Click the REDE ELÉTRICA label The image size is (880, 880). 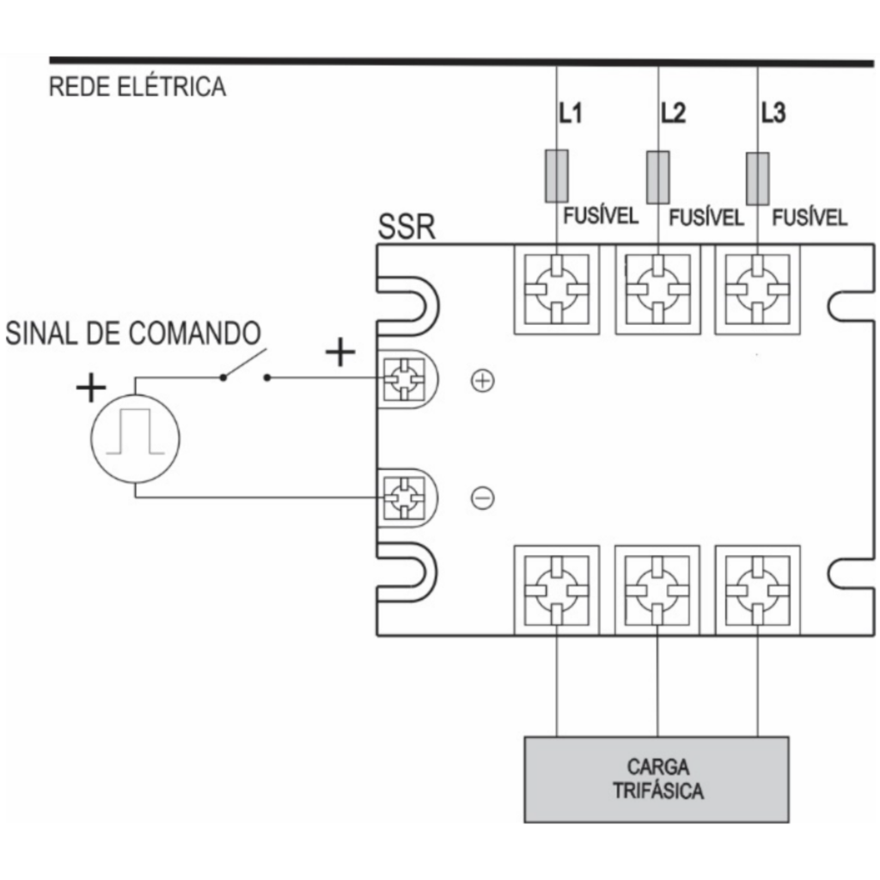point(137,87)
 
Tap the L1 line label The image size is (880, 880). point(571,113)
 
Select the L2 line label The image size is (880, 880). point(673,113)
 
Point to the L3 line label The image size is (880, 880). point(773,113)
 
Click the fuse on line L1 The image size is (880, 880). point(557,175)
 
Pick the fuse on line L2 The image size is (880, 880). point(657,177)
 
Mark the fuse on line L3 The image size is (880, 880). point(758,179)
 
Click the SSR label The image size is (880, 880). point(406,227)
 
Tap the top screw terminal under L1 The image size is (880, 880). point(557,290)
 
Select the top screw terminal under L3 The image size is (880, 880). point(758,290)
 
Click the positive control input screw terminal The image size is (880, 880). point(404,379)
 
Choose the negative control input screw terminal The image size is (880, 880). point(404,498)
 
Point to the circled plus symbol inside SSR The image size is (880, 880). point(483,381)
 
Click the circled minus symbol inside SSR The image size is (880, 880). point(483,498)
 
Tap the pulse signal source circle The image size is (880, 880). point(135,438)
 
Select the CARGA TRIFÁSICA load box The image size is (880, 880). point(657,779)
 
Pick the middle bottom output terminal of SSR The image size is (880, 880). point(657,590)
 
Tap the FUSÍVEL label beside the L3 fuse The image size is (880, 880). point(810,217)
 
